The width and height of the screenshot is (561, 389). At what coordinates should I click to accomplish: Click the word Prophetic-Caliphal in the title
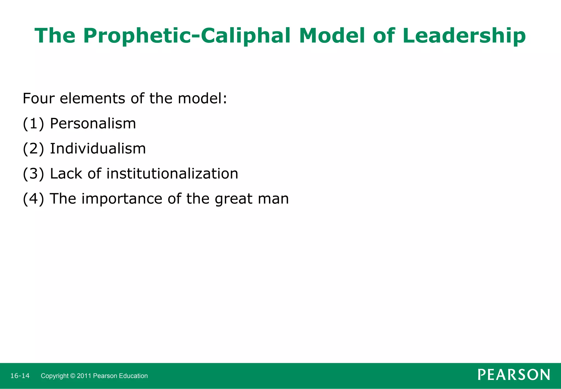tap(187, 36)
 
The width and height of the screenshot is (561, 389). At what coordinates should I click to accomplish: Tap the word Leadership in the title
tap(464, 36)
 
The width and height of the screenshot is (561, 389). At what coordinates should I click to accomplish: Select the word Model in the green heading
tap(332, 35)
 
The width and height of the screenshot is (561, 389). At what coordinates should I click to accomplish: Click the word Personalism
tap(93, 123)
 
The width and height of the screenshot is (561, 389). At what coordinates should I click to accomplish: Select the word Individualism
tap(98, 148)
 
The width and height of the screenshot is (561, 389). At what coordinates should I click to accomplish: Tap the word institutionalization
tap(172, 174)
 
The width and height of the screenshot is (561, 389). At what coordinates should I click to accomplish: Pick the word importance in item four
tap(122, 199)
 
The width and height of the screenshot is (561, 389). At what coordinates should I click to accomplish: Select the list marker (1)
tap(33, 123)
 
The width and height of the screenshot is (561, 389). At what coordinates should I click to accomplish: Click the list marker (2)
tap(33, 149)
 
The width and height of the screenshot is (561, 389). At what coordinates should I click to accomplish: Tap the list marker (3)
tap(33, 174)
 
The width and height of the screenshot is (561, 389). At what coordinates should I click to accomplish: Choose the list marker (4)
tap(33, 199)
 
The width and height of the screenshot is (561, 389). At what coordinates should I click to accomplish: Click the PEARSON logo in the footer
tap(514, 375)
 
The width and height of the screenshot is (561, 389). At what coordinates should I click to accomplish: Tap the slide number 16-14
tap(20, 376)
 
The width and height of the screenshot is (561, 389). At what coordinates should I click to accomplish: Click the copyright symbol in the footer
tap(73, 376)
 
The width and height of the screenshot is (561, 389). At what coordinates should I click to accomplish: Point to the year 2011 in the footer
tap(84, 376)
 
